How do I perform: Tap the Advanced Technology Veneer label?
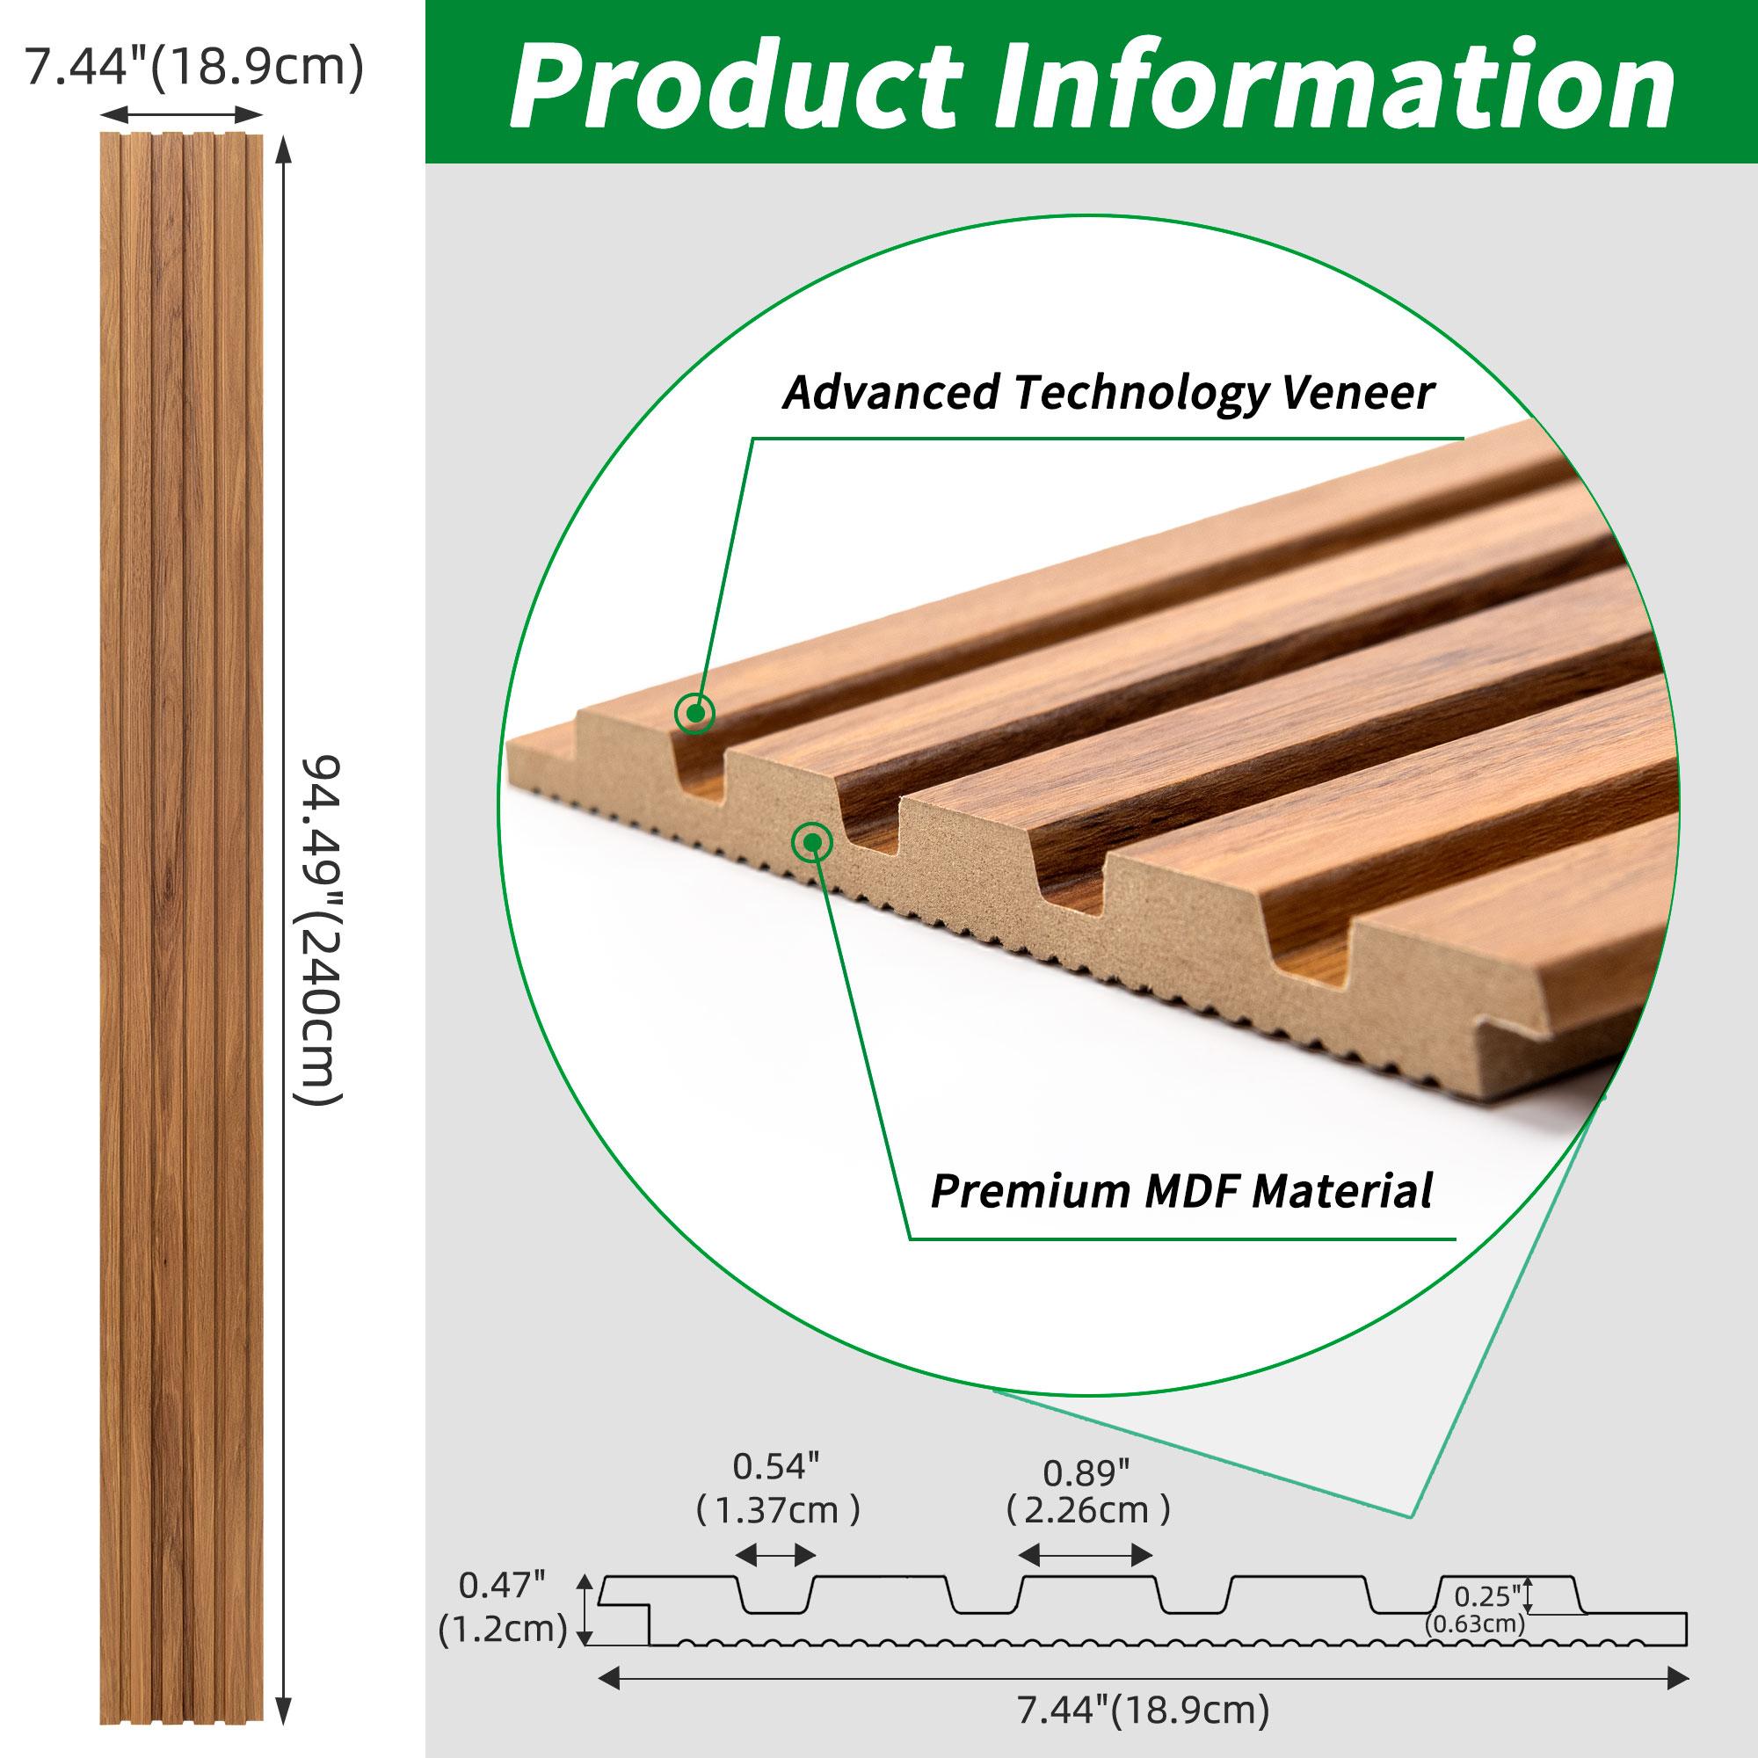[1108, 392]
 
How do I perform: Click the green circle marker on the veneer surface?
[694, 714]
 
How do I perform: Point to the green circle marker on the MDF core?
[811, 843]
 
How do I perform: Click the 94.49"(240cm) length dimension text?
[321, 929]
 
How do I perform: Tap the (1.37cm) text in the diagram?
[777, 1510]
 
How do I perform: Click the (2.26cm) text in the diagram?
[1088, 1510]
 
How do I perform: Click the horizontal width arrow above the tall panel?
[181, 114]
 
